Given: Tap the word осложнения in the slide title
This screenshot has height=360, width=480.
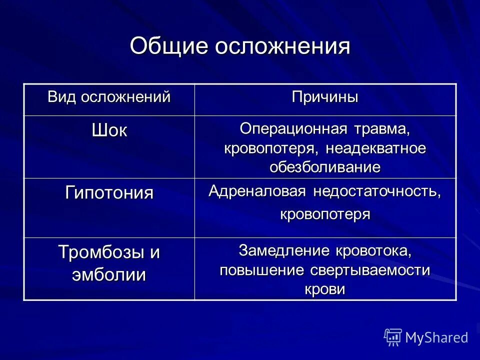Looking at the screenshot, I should point(283,46).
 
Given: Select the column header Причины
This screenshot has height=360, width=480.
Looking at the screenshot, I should point(325,97).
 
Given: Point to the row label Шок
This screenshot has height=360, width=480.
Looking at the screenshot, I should point(109,131).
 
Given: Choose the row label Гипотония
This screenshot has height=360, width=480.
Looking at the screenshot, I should point(109,193).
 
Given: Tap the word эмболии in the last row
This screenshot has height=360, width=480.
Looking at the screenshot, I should point(109,275).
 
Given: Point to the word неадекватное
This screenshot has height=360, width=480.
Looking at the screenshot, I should point(375,148).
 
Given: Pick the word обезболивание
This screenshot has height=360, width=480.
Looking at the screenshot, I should point(325,167).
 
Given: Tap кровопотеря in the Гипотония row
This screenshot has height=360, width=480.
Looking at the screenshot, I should point(325,214).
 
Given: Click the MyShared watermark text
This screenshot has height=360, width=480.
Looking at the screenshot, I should point(436,337).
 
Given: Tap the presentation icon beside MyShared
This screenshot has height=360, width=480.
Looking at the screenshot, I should point(393,337).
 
